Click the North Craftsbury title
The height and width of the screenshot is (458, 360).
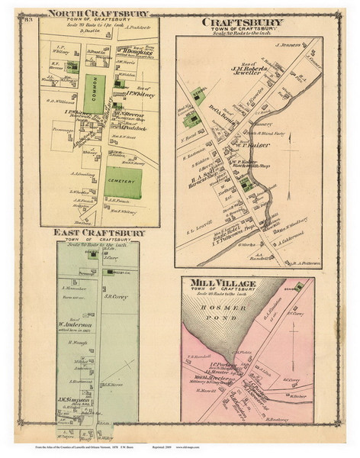tap(97, 12)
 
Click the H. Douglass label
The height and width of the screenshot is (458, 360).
tap(131, 55)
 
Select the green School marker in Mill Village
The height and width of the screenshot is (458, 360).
tap(300, 284)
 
